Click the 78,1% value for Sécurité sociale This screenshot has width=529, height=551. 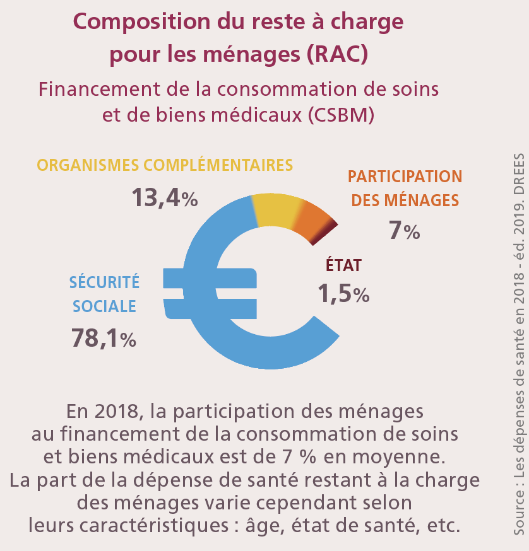click(131, 339)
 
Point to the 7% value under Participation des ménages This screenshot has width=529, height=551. click(404, 231)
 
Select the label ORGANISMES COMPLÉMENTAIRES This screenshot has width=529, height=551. click(165, 165)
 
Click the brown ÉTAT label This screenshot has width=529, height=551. click(343, 265)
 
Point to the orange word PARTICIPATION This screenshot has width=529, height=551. click(405, 177)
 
